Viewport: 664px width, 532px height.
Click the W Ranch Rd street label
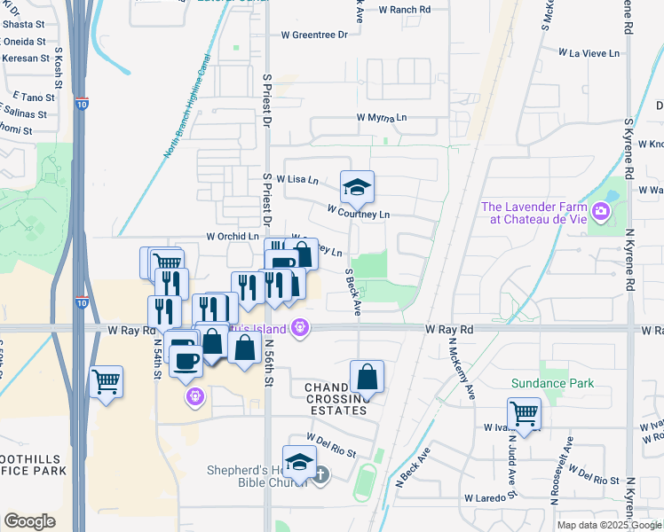pyautogui.click(x=404, y=9)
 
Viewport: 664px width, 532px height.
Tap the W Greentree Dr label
pyautogui.click(x=314, y=35)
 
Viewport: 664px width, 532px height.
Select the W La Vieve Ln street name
pyautogui.click(x=588, y=53)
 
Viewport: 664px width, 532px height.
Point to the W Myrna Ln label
pyautogui.click(x=382, y=117)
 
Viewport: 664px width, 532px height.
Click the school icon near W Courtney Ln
pyautogui.click(x=357, y=187)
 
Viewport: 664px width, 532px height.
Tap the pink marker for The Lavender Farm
pyautogui.click(x=602, y=212)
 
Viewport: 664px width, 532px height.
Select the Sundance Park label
pyautogui.click(x=552, y=383)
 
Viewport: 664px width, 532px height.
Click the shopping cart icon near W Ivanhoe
pyautogui.click(x=524, y=413)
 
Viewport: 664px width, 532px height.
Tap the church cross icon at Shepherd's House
pyautogui.click(x=321, y=475)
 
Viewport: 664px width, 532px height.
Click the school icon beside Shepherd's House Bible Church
pyautogui.click(x=300, y=461)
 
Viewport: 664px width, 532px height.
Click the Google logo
pyautogui.click(x=29, y=521)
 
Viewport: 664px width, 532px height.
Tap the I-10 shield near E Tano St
pyautogui.click(x=82, y=103)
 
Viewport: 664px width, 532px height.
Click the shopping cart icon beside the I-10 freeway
pyautogui.click(x=106, y=382)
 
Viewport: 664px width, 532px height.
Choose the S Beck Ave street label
pyautogui.click(x=353, y=293)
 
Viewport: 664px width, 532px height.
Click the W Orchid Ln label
pyautogui.click(x=231, y=237)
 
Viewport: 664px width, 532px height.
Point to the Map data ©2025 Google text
pyautogui.click(x=608, y=525)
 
